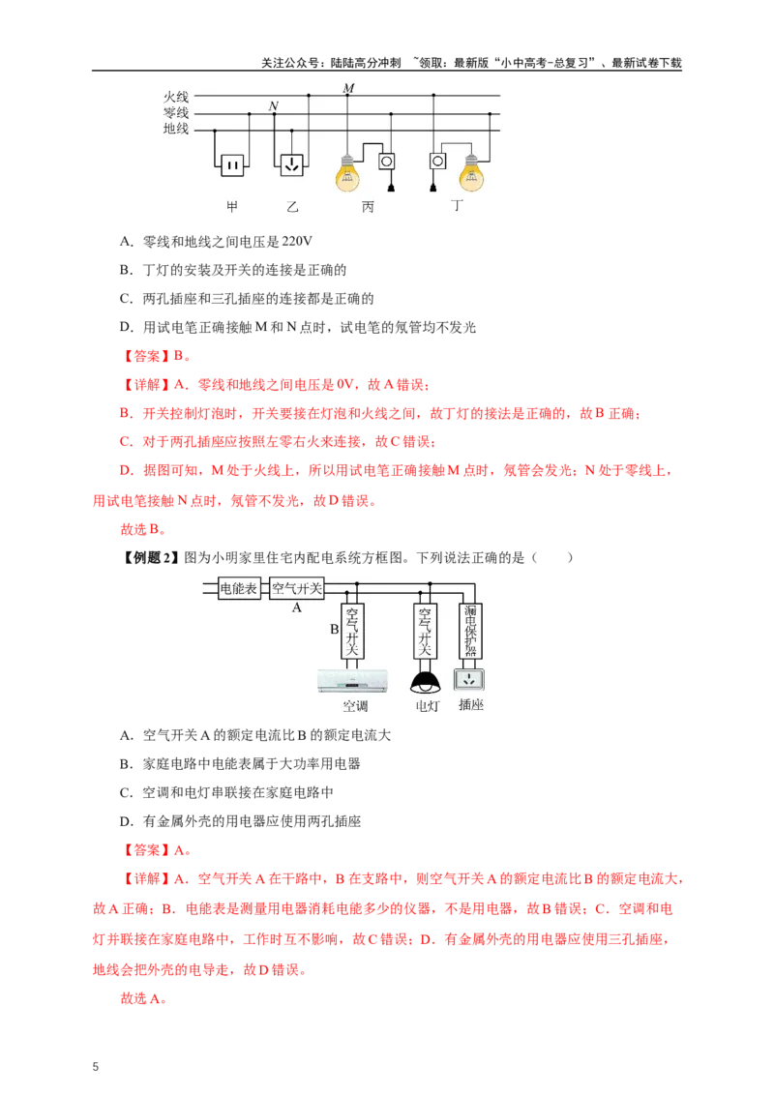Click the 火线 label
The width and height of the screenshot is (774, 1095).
[x=176, y=97]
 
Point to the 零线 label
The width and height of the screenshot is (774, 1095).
[x=176, y=112]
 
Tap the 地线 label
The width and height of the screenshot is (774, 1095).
[x=176, y=129]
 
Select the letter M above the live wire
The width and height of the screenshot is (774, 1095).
[x=348, y=88]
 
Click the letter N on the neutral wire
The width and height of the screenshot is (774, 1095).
[x=274, y=105]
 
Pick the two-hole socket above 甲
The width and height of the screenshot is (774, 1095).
[x=231, y=165]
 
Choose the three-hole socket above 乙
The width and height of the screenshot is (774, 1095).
[x=291, y=165]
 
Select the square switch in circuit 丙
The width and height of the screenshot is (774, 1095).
[x=387, y=161]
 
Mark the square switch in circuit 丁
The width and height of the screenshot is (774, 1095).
[x=437, y=161]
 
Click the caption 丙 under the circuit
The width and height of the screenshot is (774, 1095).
[x=368, y=207]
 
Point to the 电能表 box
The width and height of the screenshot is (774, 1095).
[x=239, y=588]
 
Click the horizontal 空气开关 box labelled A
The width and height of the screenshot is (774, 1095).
[x=297, y=588]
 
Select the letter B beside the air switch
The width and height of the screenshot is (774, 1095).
[x=334, y=630]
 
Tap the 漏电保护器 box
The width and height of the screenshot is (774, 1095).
[x=470, y=631]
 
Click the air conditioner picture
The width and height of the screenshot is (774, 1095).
[x=352, y=681]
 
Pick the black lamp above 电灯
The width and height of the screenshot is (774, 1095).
[x=425, y=683]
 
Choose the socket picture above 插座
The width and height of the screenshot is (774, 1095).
[x=470, y=679]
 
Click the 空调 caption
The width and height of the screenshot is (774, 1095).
[x=355, y=706]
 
